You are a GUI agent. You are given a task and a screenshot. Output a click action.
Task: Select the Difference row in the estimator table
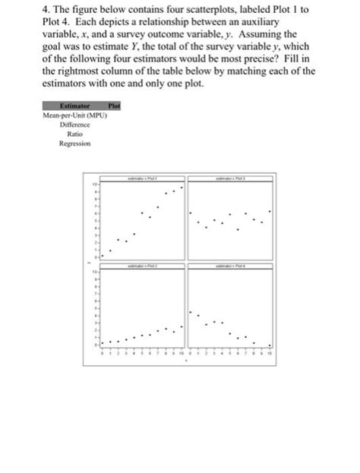coord(74,124)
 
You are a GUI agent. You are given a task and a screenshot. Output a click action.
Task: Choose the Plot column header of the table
coord(115,106)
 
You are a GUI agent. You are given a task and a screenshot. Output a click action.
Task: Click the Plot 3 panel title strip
coord(226,177)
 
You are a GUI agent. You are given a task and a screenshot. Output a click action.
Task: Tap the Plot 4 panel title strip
coord(226,267)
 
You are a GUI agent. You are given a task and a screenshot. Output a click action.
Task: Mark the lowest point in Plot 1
coord(109,251)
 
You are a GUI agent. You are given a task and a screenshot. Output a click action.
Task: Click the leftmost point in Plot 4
coord(189,312)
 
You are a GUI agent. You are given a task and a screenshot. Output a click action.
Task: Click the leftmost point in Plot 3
coord(189,213)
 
